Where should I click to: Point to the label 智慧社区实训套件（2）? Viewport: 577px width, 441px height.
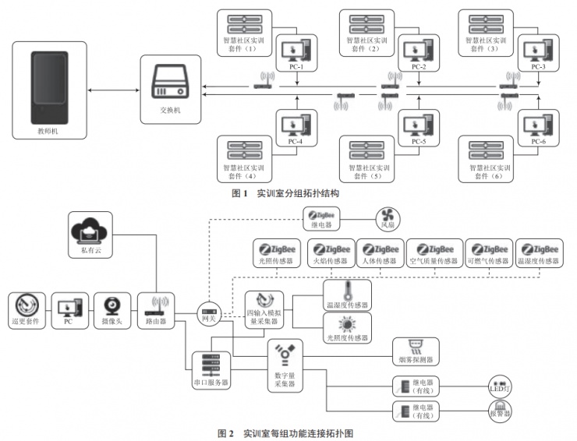click(x=364, y=44)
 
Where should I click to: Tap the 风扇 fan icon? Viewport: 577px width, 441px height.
click(x=388, y=218)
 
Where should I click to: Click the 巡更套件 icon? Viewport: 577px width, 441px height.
click(x=26, y=307)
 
